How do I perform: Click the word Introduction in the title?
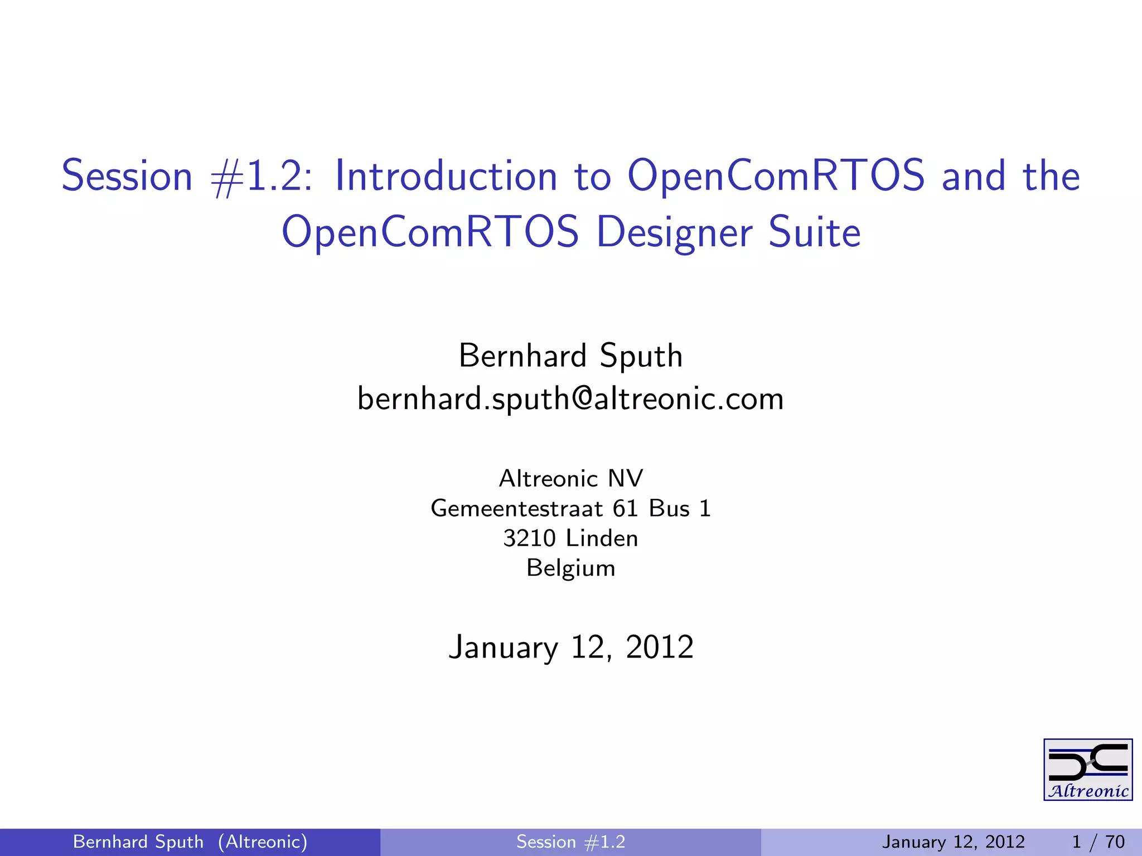pyautogui.click(x=446, y=176)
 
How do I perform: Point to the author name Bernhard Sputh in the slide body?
pyautogui.click(x=570, y=356)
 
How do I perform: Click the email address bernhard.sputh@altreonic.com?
pyautogui.click(x=570, y=399)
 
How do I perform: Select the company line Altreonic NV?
pyautogui.click(x=570, y=478)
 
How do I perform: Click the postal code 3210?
pyautogui.click(x=529, y=538)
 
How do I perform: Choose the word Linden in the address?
pyautogui.click(x=602, y=538)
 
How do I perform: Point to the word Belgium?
pyautogui.click(x=570, y=568)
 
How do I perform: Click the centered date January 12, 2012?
pyautogui.click(x=570, y=648)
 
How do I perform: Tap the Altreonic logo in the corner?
pyautogui.click(x=1088, y=770)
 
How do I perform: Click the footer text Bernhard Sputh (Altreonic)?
pyautogui.click(x=190, y=842)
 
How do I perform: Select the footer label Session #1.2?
pyautogui.click(x=570, y=842)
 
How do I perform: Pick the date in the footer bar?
pyautogui.click(x=953, y=842)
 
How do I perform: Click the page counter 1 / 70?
pyautogui.click(x=1098, y=842)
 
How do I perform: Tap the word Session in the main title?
pyautogui.click(x=127, y=176)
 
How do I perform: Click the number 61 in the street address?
pyautogui.click(x=625, y=508)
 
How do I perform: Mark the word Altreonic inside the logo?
pyautogui.click(x=1088, y=791)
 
